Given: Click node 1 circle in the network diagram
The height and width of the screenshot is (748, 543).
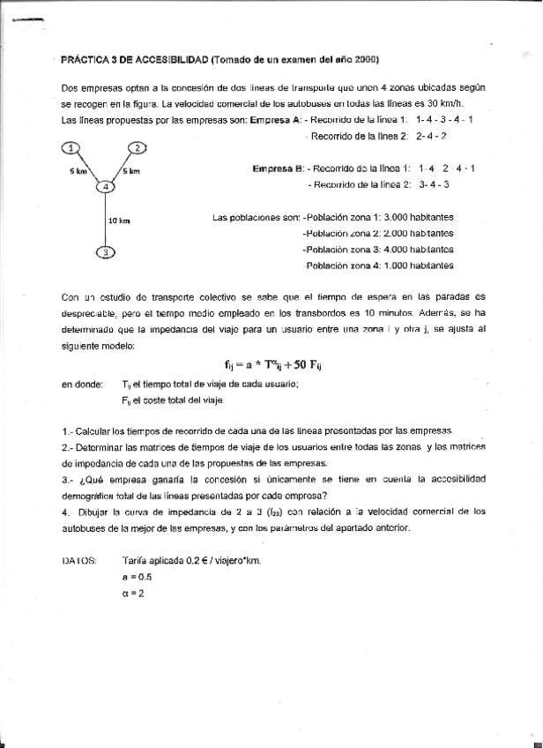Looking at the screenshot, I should [x=71, y=147].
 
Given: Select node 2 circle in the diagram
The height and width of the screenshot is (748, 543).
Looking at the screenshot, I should [x=137, y=147].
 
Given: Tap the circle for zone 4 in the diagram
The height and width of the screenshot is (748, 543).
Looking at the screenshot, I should [x=105, y=186].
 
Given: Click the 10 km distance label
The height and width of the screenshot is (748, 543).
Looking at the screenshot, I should [x=118, y=221].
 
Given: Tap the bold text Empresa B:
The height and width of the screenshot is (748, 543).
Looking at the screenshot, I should [x=279, y=168].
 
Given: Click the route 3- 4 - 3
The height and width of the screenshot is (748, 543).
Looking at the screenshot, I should [x=435, y=184].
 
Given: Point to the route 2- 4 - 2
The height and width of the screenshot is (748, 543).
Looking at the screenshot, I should [x=431, y=136].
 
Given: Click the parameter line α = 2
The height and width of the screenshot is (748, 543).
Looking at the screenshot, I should [x=133, y=593].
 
